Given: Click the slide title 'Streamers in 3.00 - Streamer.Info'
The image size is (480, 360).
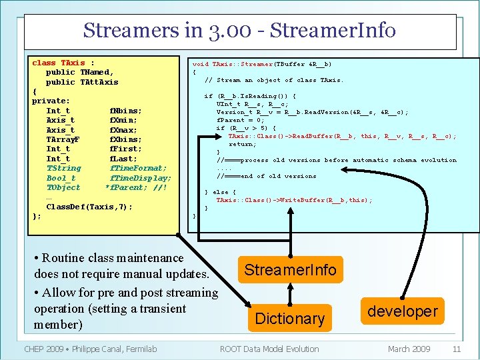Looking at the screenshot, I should pos(239,31).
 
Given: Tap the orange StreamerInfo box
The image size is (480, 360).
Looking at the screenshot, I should pos(290,270).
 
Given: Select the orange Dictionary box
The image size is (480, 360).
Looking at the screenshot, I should pos(290,319).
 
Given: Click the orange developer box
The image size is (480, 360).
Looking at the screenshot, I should pos(403,311).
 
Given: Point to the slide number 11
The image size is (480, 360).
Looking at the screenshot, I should pos(457,349).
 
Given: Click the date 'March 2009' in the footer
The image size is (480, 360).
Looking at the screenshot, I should pos(409,349).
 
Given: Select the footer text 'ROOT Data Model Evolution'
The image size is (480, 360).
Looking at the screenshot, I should pos(269,349).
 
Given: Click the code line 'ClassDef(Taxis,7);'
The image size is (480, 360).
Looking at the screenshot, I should pos(89,207).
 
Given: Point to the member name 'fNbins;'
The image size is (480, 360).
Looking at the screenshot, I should pos(125,111).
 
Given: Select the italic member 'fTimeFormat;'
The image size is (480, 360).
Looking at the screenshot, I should pos(138,168).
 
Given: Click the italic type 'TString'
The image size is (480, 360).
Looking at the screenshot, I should pos(63,168).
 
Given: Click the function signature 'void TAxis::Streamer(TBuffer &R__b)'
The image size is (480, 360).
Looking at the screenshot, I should pos(262,64).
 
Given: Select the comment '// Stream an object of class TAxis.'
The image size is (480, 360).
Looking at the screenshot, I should pos(273,80).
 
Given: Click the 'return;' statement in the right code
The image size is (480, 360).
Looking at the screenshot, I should pos(242,144).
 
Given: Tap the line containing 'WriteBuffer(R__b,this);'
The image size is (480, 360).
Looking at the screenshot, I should pos(294,200).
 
